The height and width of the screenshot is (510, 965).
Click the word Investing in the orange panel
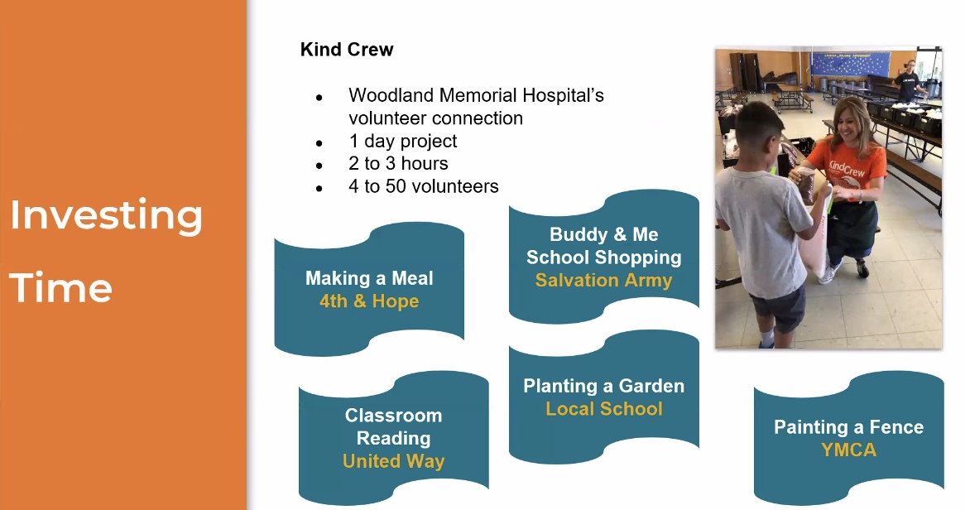pyautogui.click(x=107, y=216)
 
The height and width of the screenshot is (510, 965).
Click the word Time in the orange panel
pyautogui.click(x=60, y=287)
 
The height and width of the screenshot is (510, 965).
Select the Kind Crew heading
pyautogui.click(x=347, y=50)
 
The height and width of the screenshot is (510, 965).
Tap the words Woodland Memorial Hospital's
pyautogui.click(x=476, y=95)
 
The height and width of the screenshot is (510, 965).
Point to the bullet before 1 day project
pyautogui.click(x=319, y=143)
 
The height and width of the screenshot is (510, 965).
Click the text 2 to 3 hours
pyautogui.click(x=398, y=163)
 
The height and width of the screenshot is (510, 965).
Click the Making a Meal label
pyautogui.click(x=369, y=278)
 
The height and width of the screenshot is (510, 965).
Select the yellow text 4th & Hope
pyautogui.click(x=369, y=301)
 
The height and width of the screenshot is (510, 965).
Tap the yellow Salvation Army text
pyautogui.click(x=603, y=281)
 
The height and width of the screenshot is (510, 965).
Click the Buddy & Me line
pyautogui.click(x=603, y=234)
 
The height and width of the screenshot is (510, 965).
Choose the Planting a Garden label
pyautogui.click(x=603, y=386)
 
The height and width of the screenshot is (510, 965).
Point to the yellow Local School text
pyautogui.click(x=603, y=409)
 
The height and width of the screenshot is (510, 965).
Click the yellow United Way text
pyautogui.click(x=393, y=461)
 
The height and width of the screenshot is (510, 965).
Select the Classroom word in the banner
pyautogui.click(x=393, y=416)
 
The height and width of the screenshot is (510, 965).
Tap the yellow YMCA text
pyautogui.click(x=848, y=450)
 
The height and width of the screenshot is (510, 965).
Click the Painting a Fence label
pyautogui.click(x=848, y=427)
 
